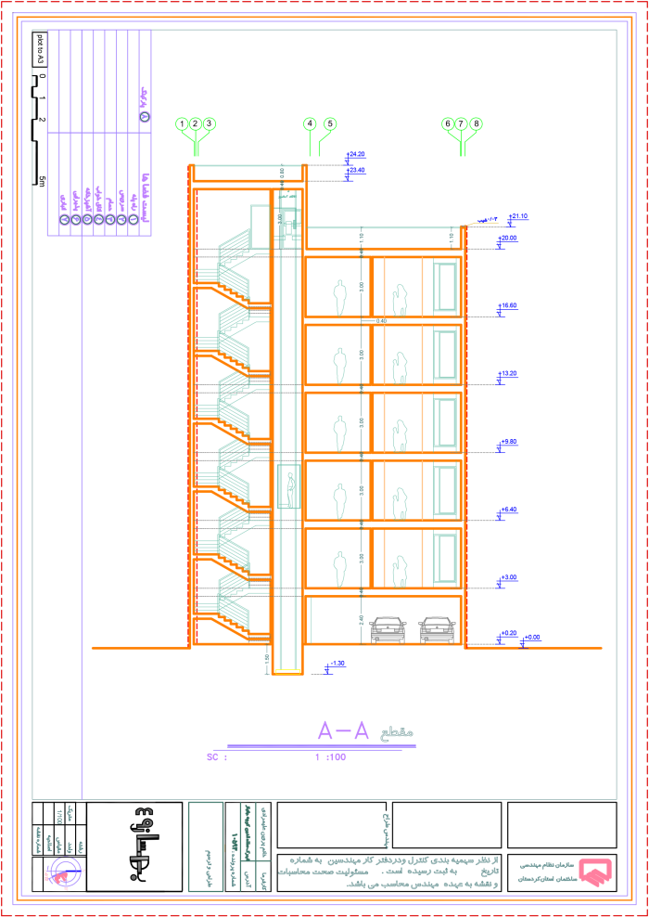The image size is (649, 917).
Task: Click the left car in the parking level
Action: click(388, 629)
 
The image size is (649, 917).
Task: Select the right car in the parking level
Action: click(437, 629)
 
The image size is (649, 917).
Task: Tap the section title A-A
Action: click(343, 730)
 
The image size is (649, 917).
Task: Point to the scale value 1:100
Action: click(330, 757)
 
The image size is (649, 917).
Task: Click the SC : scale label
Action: click(216, 757)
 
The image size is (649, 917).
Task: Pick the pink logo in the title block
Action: click(594, 872)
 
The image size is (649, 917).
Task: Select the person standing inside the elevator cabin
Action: click(290, 489)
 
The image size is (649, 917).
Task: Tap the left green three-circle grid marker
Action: click(196, 125)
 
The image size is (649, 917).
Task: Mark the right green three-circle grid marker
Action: click(462, 125)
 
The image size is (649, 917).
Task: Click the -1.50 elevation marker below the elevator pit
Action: click(336, 665)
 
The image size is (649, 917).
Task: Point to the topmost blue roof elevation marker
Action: click(355, 155)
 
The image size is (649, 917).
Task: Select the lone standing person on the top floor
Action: click(339, 297)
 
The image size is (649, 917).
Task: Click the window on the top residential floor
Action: click(445, 286)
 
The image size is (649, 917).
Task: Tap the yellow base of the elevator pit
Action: click(288, 672)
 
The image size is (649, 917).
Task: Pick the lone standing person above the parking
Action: click(339, 568)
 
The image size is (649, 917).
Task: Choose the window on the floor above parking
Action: click(445, 558)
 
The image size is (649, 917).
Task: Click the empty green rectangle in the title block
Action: click(206, 846)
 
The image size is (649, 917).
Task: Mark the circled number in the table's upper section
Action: click(145, 116)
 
